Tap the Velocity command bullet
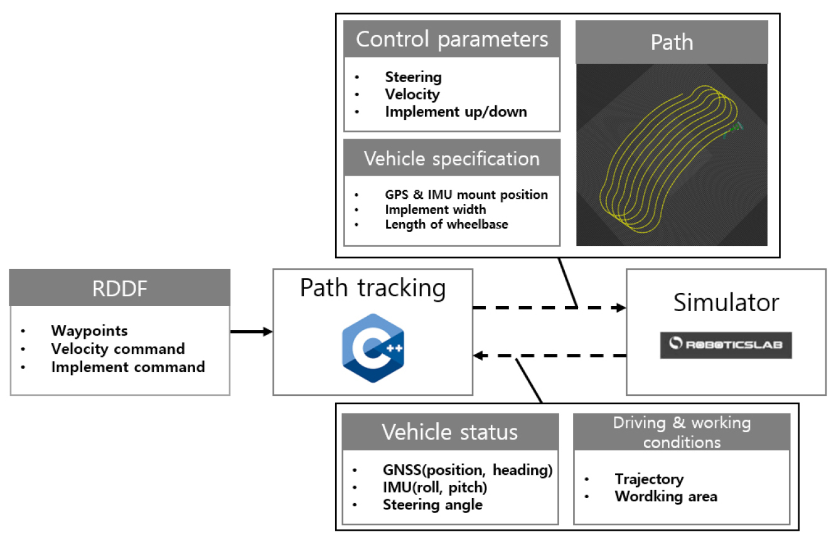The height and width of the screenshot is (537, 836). [117, 349]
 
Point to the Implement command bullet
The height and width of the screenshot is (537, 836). [127, 367]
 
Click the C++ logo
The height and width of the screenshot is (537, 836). [373, 348]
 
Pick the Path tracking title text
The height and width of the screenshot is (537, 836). [373, 288]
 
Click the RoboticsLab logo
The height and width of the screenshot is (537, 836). [726, 345]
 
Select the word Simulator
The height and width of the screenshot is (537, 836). [726, 303]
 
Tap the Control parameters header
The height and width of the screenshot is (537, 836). [452, 40]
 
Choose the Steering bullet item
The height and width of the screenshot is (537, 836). [413, 77]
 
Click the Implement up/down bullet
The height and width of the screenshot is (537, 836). [456, 112]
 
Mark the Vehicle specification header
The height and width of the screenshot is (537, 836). [452, 159]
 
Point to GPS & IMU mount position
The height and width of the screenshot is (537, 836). [466, 194]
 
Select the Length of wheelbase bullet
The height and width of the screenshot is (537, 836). [446, 224]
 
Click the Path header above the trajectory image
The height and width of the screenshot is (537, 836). [672, 42]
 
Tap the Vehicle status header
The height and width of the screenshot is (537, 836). [450, 432]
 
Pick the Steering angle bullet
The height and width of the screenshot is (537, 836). [432, 505]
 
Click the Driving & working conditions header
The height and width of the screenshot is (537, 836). [682, 432]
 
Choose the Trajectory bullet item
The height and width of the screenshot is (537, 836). [649, 479]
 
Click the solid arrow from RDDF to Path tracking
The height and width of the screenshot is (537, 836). [251, 331]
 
